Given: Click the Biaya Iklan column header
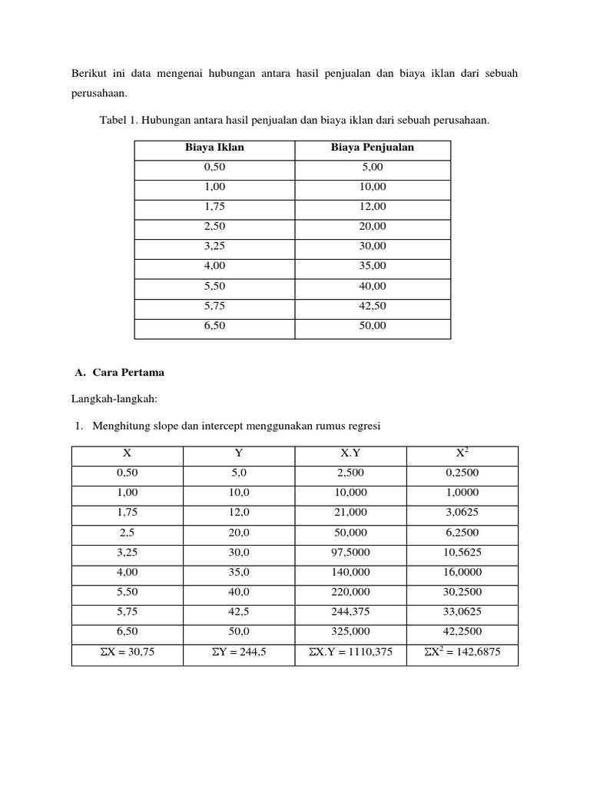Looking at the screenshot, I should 214,148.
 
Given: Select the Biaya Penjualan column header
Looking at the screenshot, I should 372,148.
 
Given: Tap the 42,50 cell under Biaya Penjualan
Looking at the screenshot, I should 372,306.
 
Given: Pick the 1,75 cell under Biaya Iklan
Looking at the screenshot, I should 214,207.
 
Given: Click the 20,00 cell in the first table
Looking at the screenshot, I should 372,227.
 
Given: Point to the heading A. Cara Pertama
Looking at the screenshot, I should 119,373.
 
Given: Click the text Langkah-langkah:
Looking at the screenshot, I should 114,399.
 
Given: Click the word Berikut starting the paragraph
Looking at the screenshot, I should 88,73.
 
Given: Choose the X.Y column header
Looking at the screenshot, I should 350,453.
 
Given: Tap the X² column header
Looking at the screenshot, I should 462,453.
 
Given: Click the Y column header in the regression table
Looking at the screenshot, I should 239,453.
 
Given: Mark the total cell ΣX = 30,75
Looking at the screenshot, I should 128,653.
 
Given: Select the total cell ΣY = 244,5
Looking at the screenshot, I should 239,653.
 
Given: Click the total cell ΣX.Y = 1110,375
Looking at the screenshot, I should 350,653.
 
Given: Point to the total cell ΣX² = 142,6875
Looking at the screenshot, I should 462,653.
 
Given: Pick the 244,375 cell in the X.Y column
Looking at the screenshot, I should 350,613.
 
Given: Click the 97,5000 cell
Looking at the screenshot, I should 350,553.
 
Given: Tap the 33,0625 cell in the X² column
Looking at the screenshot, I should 462,613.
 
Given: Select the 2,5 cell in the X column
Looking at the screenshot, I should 128,533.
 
